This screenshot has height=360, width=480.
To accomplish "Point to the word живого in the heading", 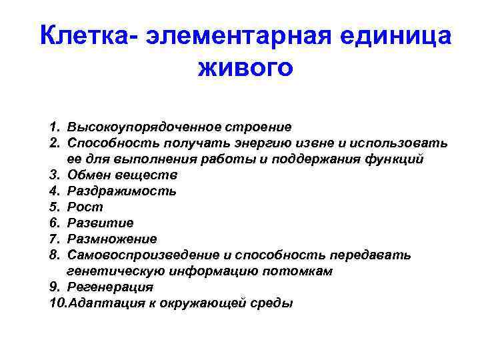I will pos(245,67).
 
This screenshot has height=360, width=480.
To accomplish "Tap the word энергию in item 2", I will pos(253,143).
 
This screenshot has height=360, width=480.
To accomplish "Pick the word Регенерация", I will pos(106,287).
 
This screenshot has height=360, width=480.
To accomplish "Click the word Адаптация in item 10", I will pos(94,303).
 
